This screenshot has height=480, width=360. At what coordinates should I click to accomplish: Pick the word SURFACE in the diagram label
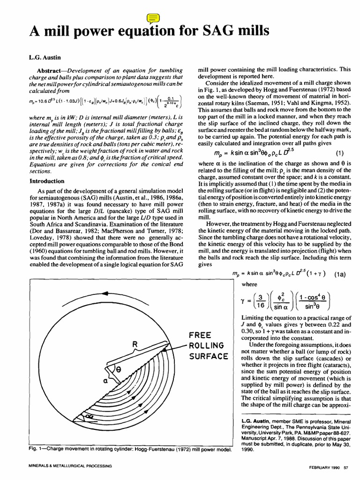pyautogui.click(x=208, y=357)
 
